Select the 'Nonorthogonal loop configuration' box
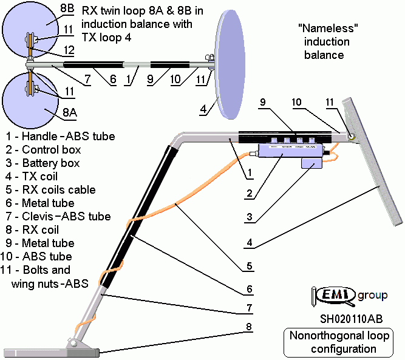click(x=343, y=342)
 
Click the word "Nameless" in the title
click(x=327, y=29)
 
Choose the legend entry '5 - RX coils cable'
click(x=50, y=190)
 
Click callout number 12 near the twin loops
click(x=69, y=50)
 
